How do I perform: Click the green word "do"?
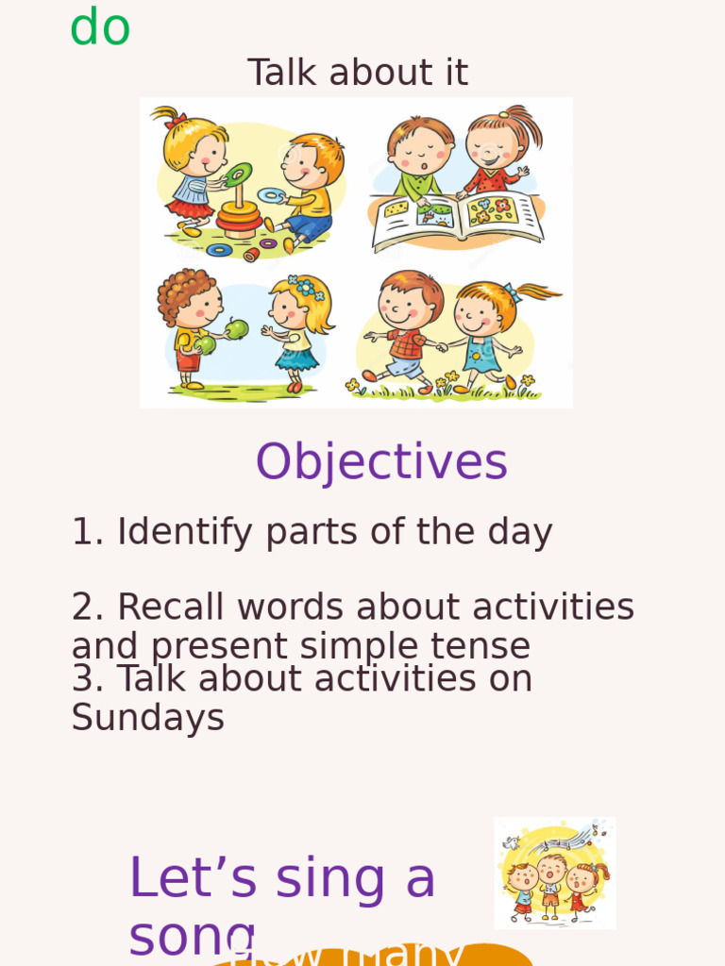[100, 26]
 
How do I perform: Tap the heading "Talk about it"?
[358, 73]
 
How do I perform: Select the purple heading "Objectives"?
[381, 462]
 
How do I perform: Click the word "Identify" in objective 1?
[185, 533]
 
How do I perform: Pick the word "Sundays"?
[148, 718]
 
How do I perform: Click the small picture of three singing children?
[554, 873]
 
